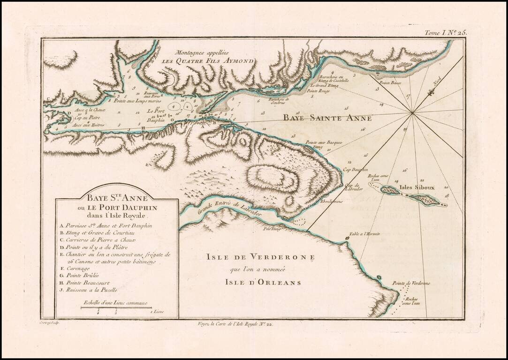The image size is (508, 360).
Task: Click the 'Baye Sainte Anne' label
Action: tap(327, 119)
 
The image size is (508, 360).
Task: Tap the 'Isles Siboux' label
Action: tap(417, 187)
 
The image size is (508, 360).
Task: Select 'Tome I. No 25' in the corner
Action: tap(446, 33)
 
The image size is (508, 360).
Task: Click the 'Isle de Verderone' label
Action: tap(261, 257)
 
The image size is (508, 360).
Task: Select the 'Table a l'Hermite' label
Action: tap(364, 234)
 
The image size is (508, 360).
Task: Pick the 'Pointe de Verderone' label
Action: tap(411, 283)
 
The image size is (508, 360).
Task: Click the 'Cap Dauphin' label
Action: tap(355, 169)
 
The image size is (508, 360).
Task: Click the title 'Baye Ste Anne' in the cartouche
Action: tap(116, 198)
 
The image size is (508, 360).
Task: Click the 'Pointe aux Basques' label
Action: tap(324, 142)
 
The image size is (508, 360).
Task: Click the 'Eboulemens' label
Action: tap(331, 202)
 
